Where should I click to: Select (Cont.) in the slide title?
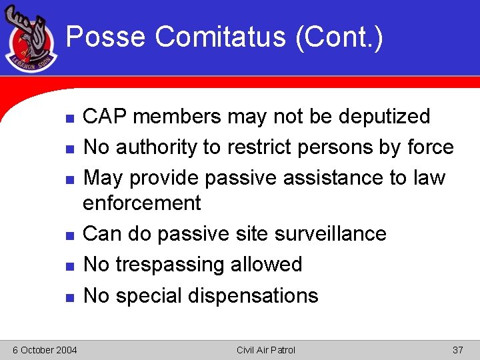tap(339, 36)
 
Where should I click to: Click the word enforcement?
tap(141, 202)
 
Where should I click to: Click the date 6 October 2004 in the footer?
tap(45, 350)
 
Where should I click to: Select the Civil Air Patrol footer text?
tap(265, 350)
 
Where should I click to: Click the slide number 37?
tap(457, 350)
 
